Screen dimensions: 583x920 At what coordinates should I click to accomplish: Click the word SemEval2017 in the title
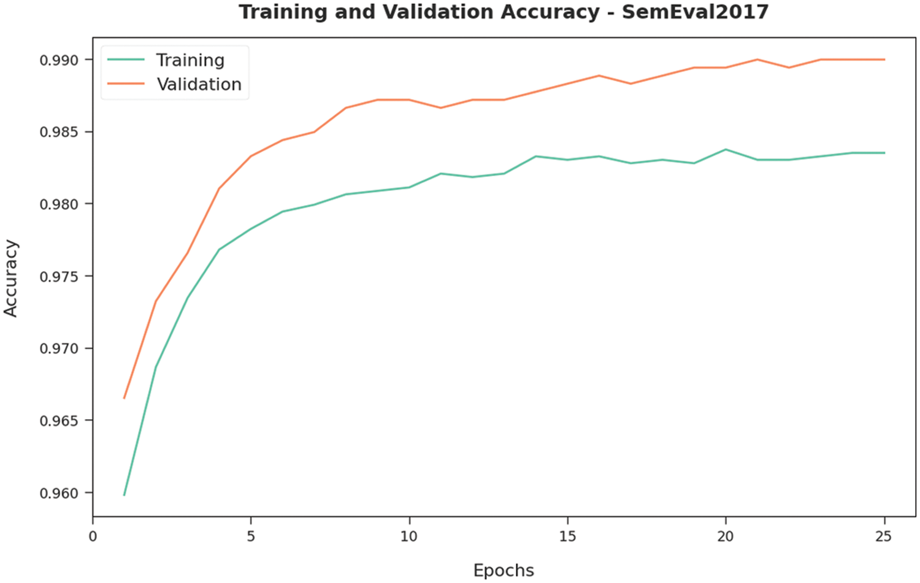(695, 12)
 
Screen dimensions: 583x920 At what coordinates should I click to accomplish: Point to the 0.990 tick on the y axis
(59, 60)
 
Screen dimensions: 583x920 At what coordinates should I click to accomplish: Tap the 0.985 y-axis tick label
(59, 132)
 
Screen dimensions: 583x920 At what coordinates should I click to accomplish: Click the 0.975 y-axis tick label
(59, 276)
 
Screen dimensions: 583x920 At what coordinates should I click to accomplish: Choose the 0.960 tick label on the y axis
(59, 493)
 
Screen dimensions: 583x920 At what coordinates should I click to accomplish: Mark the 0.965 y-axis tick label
(59, 421)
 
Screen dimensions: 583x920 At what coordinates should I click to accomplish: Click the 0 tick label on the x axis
(93, 536)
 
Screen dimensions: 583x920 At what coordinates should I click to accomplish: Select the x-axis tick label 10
(409, 536)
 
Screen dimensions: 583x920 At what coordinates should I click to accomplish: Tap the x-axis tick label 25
(884, 536)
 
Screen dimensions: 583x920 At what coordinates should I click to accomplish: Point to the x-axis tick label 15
(567, 536)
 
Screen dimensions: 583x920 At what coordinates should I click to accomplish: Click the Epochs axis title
(504, 570)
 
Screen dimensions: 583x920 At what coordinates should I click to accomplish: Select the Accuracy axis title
(11, 278)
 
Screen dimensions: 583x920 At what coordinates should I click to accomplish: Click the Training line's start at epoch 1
(125, 495)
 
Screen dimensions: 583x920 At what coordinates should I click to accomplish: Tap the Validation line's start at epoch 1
(125, 398)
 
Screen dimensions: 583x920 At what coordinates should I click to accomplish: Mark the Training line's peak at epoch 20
(726, 149)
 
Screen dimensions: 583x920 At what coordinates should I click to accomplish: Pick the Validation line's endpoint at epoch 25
(884, 60)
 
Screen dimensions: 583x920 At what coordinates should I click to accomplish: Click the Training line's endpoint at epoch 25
(884, 153)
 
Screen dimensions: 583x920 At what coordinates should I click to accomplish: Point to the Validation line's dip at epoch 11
(440, 108)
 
